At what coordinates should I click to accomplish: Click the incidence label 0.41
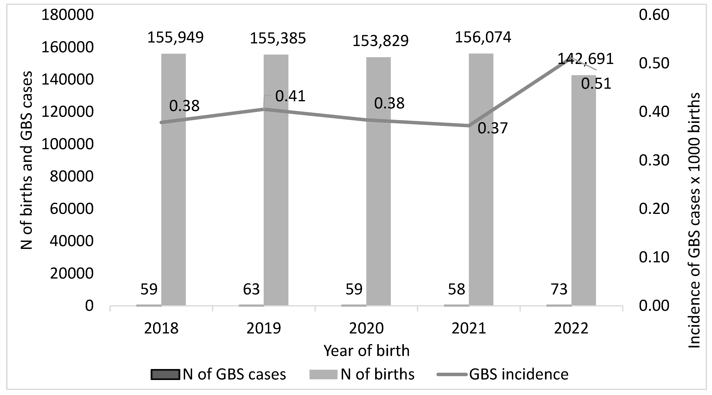tap(290, 96)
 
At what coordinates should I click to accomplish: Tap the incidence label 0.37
tap(493, 128)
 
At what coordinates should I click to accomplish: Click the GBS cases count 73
tap(559, 290)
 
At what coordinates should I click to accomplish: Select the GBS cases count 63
tap(251, 290)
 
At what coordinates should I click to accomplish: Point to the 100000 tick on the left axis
tap(67, 144)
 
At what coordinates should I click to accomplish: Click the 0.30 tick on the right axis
tap(654, 160)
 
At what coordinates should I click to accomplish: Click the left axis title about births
tap(27, 160)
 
